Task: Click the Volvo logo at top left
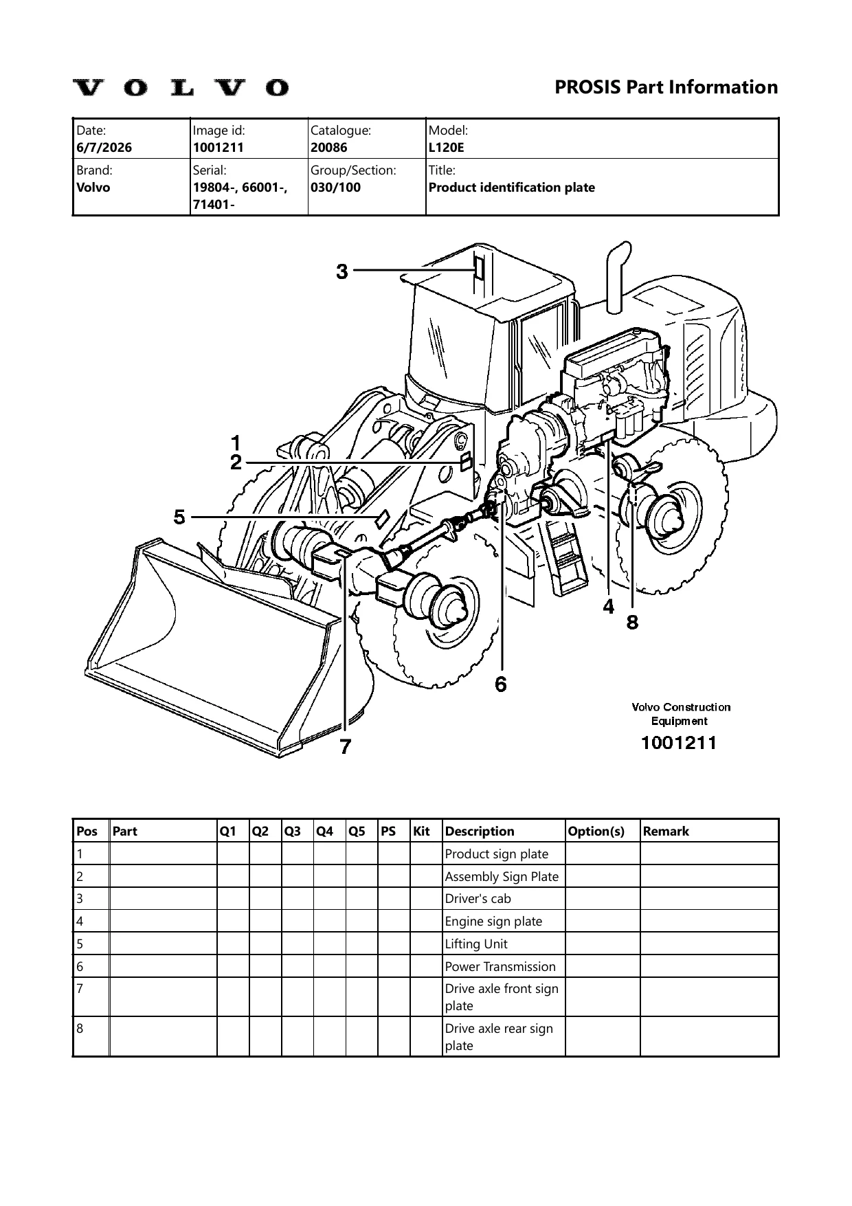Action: tap(181, 87)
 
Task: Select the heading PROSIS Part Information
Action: tap(666, 87)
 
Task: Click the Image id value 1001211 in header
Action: tap(218, 147)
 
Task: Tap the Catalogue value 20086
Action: tap(329, 147)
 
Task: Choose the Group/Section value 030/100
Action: tap(336, 187)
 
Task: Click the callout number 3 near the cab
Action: tap(342, 272)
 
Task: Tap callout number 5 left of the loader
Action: tap(179, 516)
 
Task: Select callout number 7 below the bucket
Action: tap(346, 746)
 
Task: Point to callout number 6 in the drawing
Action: tap(501, 684)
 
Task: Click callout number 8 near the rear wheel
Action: tap(632, 622)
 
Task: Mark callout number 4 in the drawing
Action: tap(609, 607)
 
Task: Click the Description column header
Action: tap(480, 831)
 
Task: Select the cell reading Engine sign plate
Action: tap(493, 921)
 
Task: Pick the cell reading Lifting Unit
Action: tap(476, 943)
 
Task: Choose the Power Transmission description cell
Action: tap(500, 966)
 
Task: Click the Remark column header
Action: tap(666, 831)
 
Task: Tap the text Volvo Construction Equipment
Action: tap(681, 714)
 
